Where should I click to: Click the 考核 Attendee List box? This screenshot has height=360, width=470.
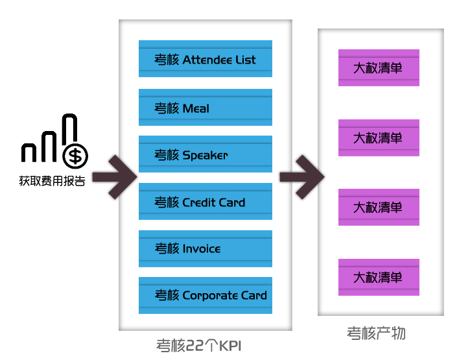[x=206, y=60]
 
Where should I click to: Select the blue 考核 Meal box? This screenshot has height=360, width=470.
[x=206, y=108]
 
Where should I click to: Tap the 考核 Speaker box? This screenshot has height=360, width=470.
[x=206, y=154]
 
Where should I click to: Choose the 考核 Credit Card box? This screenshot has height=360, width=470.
[x=206, y=202]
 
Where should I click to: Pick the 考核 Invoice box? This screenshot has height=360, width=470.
[x=206, y=248]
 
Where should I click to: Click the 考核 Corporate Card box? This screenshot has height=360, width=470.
[x=206, y=295]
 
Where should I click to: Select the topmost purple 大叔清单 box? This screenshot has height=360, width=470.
[x=379, y=67]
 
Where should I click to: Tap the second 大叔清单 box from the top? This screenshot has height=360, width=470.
[x=379, y=138]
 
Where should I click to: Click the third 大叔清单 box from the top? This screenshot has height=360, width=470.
[x=379, y=208]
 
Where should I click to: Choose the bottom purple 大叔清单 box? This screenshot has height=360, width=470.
[x=379, y=277]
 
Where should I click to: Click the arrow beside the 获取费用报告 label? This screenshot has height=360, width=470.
[x=115, y=176]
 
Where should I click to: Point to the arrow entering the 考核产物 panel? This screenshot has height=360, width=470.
[x=301, y=176]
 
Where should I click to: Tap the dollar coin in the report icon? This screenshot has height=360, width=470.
[x=76, y=155]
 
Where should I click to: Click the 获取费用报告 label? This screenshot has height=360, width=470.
[x=52, y=181]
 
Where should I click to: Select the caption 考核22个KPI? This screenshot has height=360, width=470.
[x=199, y=345]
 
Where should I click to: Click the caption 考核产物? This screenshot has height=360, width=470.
[x=377, y=333]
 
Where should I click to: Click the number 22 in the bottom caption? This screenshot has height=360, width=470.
[x=196, y=345]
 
